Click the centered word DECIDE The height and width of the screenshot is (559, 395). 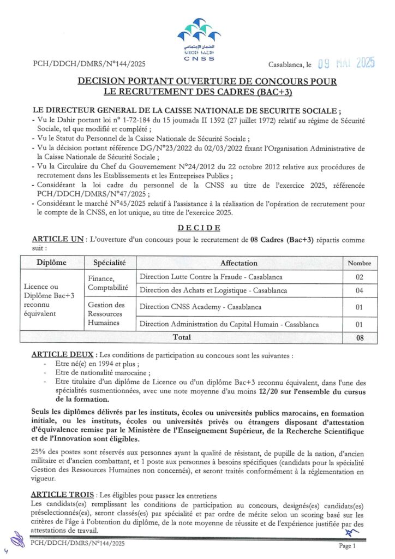198,228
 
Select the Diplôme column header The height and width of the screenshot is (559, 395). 51,263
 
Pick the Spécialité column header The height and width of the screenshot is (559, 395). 109,263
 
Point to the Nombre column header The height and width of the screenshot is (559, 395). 360,263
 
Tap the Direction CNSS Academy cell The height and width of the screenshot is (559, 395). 200,307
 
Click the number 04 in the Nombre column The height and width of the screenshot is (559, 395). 360,290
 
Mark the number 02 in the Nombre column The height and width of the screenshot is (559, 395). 360,277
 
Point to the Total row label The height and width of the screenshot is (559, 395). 182,337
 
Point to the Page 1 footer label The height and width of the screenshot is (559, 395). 347,546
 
